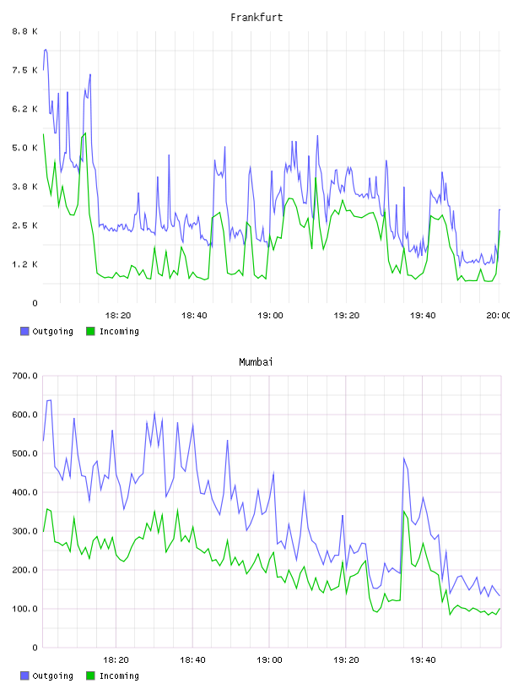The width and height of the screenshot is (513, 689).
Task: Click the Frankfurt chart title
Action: tap(256, 17)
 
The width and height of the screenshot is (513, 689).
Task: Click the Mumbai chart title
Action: tap(256, 361)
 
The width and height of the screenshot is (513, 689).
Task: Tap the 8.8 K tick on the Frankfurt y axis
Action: tap(24, 31)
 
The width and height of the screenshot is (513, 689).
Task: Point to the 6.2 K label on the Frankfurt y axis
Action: tap(24, 109)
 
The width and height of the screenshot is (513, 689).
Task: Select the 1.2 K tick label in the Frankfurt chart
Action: tap(24, 264)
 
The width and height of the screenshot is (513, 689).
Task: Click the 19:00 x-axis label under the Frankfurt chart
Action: tap(270, 315)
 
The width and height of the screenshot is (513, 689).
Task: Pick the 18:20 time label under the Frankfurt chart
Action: tap(118, 315)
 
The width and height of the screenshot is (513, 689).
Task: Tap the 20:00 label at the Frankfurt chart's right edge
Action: tap(499, 315)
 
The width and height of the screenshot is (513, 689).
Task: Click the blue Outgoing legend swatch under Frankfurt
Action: tap(24, 331)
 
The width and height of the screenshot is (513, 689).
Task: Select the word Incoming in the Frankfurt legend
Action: tap(119, 331)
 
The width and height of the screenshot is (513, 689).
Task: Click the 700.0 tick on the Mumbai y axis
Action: tap(24, 376)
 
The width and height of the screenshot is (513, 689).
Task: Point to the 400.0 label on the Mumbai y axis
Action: tap(24, 492)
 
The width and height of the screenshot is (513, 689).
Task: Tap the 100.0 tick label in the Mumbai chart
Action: tap(24, 609)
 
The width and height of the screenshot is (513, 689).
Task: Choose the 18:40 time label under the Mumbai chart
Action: tap(192, 659)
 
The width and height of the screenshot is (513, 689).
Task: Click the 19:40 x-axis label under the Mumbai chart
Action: tap(423, 659)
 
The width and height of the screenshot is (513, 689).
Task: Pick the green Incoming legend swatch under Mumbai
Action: tap(90, 675)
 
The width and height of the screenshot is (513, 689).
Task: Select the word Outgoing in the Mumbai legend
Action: tap(52, 675)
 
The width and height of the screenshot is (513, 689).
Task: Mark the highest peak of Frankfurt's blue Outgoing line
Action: tap(46, 50)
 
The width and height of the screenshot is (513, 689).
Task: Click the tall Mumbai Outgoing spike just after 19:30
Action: tap(403, 458)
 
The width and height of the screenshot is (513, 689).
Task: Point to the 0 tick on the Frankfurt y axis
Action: tap(35, 303)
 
